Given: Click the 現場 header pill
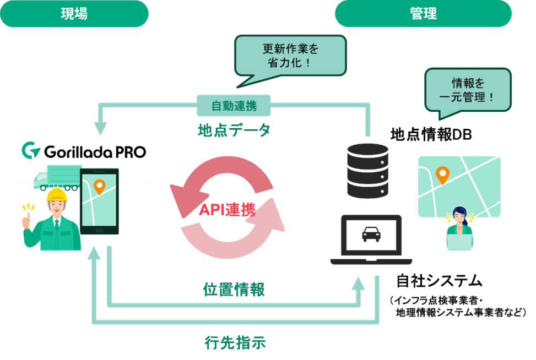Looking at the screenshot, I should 74,14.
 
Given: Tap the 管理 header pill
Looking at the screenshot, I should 423,14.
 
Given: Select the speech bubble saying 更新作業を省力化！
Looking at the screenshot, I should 290,56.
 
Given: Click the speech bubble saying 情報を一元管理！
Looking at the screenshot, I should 468,89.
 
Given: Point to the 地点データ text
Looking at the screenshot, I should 234,130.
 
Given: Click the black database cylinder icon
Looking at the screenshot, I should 368,171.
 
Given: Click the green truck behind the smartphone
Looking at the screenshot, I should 58,176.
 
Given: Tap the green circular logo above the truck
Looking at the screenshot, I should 30,150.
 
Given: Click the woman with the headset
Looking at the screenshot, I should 459,228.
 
